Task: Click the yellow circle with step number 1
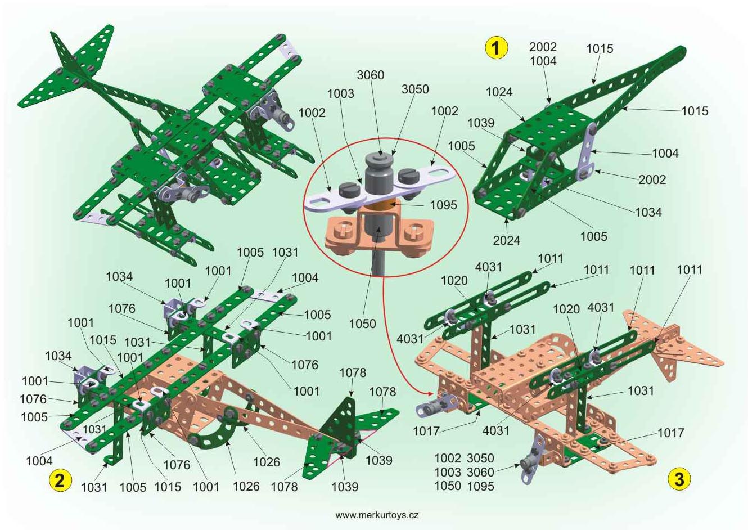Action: coord(496,48)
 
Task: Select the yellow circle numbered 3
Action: coord(679,479)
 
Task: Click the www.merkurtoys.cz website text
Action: coord(376,515)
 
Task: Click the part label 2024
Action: coord(507,240)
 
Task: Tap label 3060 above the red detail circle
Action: coord(370,75)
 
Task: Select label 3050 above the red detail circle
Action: coord(415,89)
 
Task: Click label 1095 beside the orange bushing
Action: coord(443,205)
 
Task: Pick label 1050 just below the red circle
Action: coord(363,324)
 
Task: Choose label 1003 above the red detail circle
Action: coord(341,94)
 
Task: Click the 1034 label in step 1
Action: coord(648,212)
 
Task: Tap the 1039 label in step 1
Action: coord(481,123)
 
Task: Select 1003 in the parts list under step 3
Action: coord(448,472)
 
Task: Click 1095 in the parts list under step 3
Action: coord(480,486)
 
